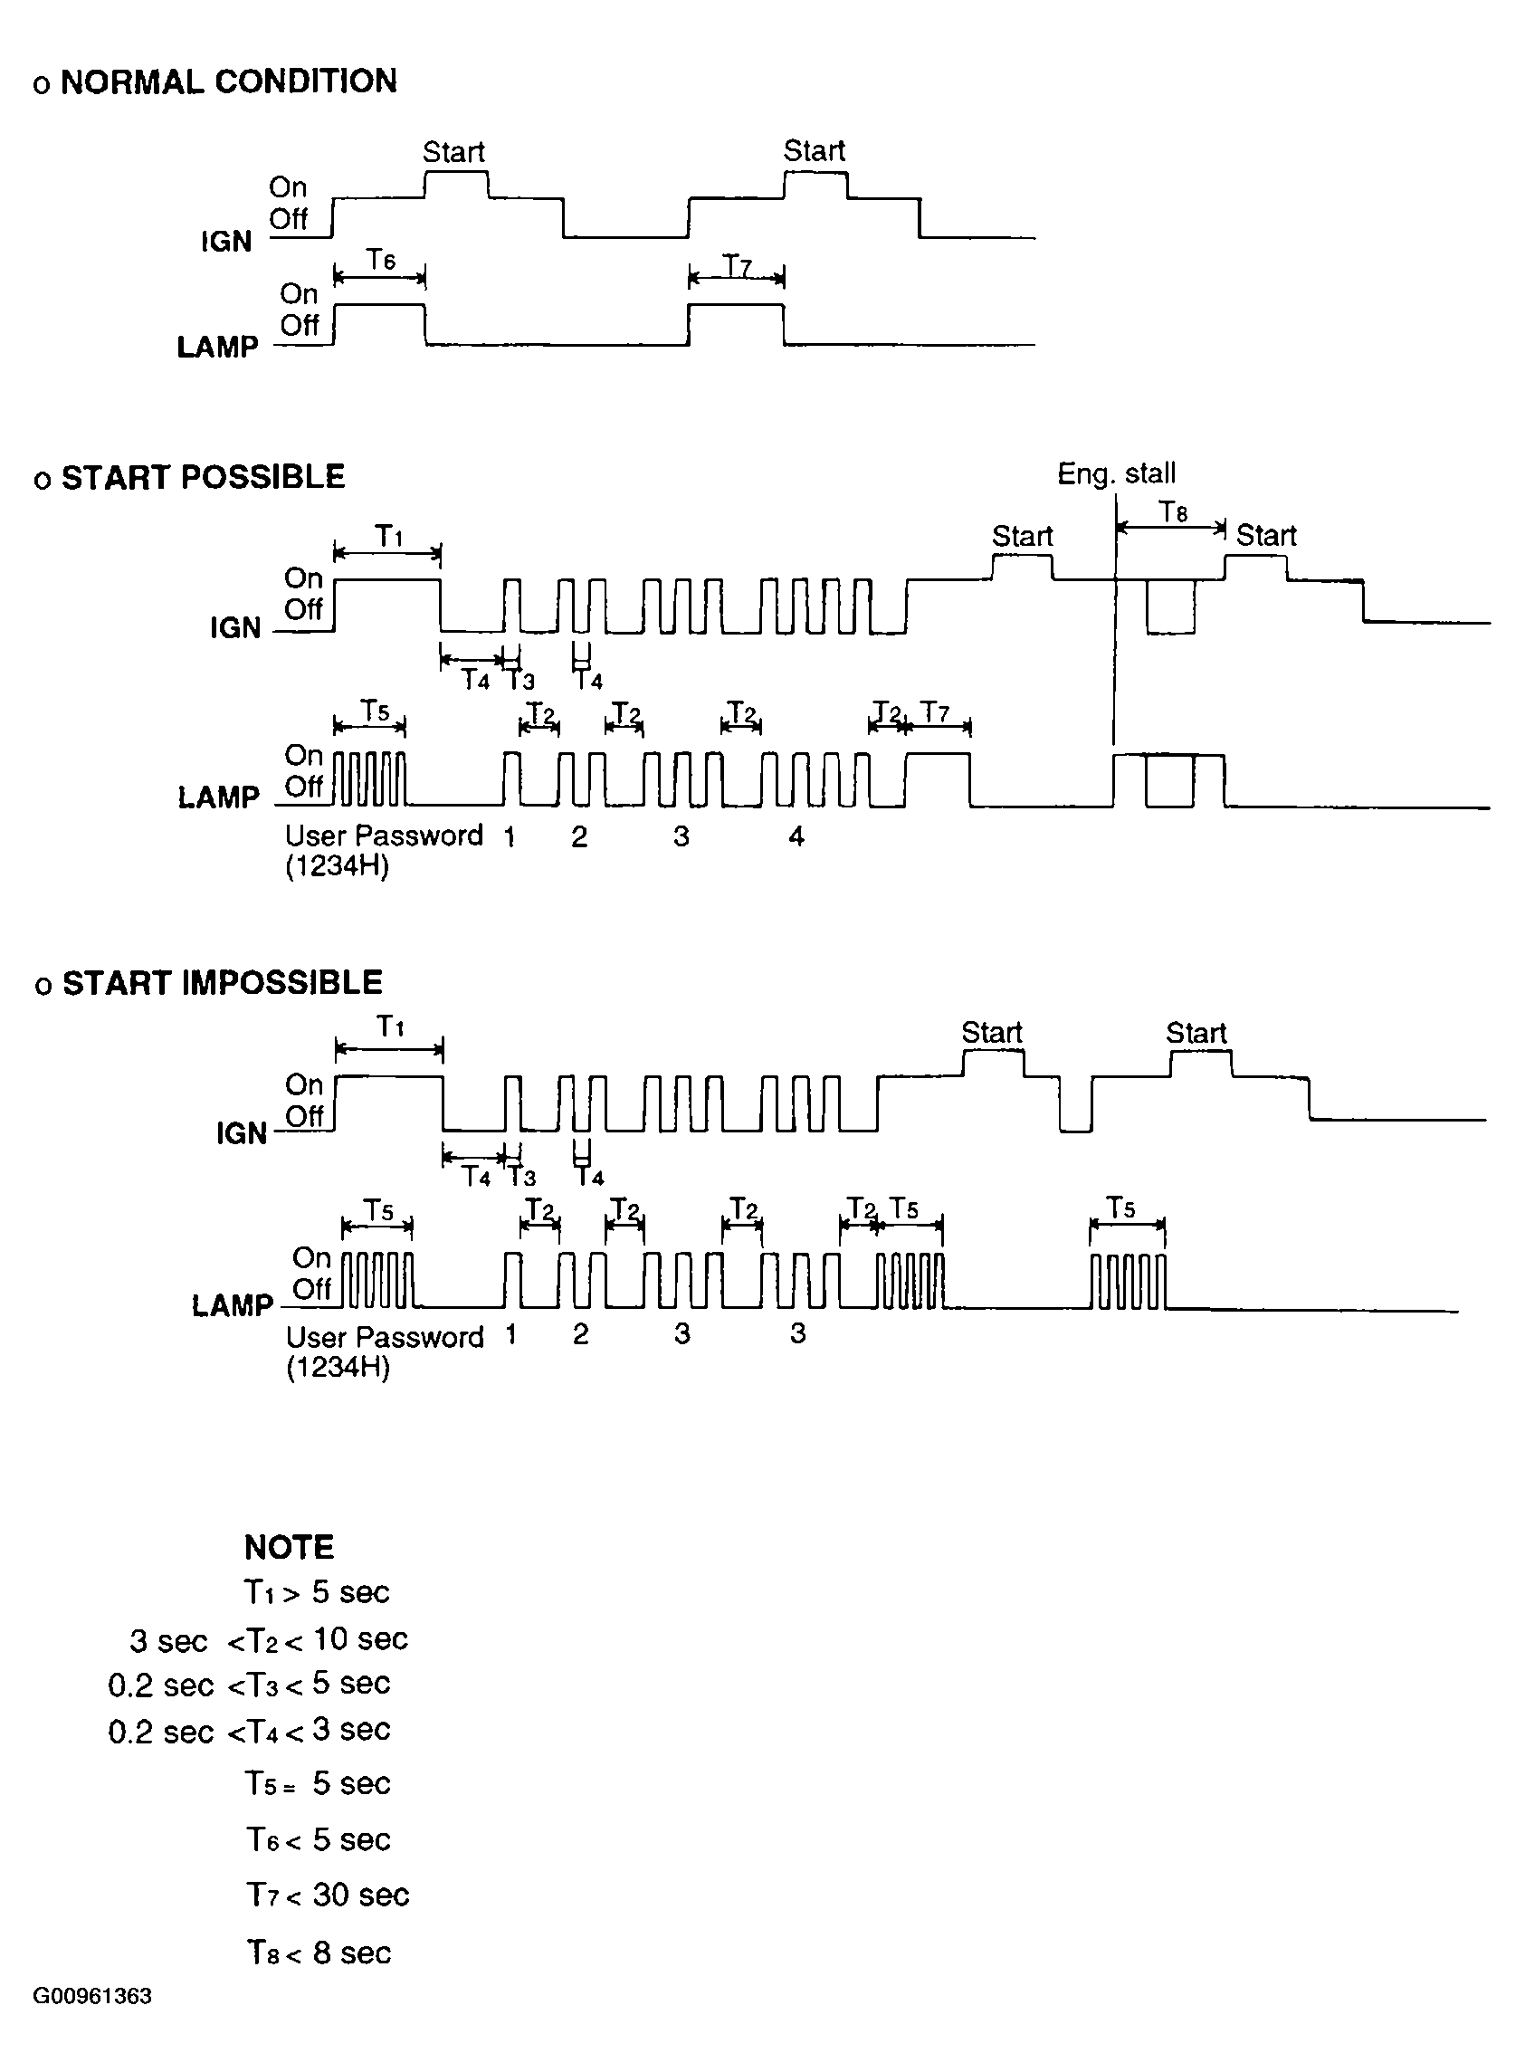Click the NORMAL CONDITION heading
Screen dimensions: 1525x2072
tap(228, 82)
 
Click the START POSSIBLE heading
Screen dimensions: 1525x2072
tap(203, 477)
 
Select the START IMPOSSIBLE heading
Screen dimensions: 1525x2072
tap(223, 982)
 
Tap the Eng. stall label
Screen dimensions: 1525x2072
tap(1116, 474)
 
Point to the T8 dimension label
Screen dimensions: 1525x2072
tap(1173, 511)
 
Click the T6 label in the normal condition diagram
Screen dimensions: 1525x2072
tap(381, 260)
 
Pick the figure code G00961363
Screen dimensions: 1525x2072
tap(92, 1995)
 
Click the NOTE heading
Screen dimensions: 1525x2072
tap(289, 1547)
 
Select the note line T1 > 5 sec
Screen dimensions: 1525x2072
tap(317, 1592)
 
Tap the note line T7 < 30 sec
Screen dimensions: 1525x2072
tap(328, 1895)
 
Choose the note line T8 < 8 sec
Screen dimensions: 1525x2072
tap(319, 1953)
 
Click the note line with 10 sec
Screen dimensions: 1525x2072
tap(269, 1639)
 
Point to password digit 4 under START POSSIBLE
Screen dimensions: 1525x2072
tap(796, 836)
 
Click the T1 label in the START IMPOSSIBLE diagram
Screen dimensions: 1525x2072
tap(390, 1026)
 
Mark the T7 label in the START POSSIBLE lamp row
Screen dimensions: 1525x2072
tap(935, 712)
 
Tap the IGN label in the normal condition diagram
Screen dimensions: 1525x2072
tap(226, 242)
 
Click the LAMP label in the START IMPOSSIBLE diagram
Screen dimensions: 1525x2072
tap(233, 1305)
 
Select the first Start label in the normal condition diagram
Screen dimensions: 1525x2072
tap(453, 152)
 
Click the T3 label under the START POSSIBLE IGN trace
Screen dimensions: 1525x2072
tap(520, 682)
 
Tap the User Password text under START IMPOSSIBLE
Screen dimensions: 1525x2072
tap(384, 1337)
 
